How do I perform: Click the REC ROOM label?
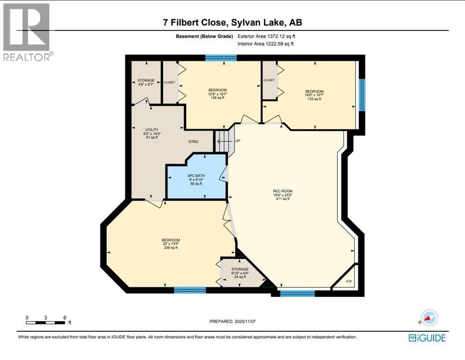pyautogui.click(x=283, y=191)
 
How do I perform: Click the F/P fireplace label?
pyautogui.click(x=349, y=282)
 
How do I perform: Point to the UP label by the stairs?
pyautogui.click(x=238, y=140)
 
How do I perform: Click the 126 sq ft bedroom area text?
pyautogui.click(x=217, y=98)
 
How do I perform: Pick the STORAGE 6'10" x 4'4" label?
pyautogui.click(x=240, y=269)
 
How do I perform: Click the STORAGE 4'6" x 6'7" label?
pyautogui.click(x=146, y=81)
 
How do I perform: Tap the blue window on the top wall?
pyautogui.click(x=221, y=58)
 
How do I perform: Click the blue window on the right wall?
pyautogui.click(x=361, y=95)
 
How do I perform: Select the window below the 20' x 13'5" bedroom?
pyautogui.click(x=190, y=290)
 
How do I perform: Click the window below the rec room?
pyautogui.click(x=297, y=293)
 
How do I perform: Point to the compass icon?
pyautogui.click(x=429, y=318)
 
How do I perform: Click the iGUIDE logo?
pyautogui.click(x=427, y=337)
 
